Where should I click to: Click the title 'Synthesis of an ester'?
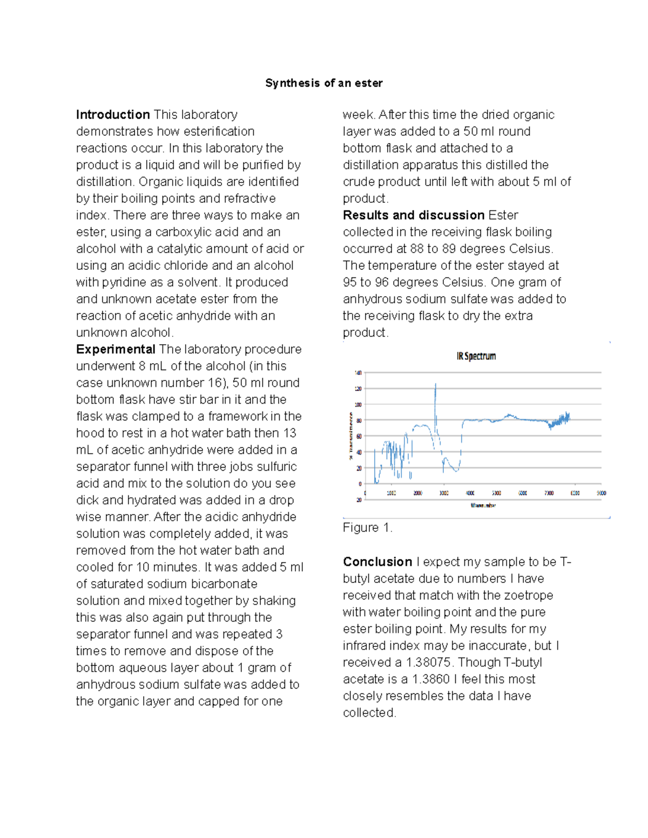point(323,83)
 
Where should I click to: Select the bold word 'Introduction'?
point(113,114)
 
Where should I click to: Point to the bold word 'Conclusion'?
point(377,562)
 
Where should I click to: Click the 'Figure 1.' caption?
point(367,528)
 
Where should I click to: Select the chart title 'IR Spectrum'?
point(476,356)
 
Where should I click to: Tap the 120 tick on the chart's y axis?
point(358,389)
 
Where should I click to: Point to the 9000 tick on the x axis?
point(601,493)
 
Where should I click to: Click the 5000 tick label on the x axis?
point(496,493)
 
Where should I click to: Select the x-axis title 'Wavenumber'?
point(483,506)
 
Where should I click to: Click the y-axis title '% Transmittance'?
point(351,436)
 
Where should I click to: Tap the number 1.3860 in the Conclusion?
point(431,679)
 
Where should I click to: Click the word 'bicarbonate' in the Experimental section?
point(226,584)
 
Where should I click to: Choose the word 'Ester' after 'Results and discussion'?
point(503,215)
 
